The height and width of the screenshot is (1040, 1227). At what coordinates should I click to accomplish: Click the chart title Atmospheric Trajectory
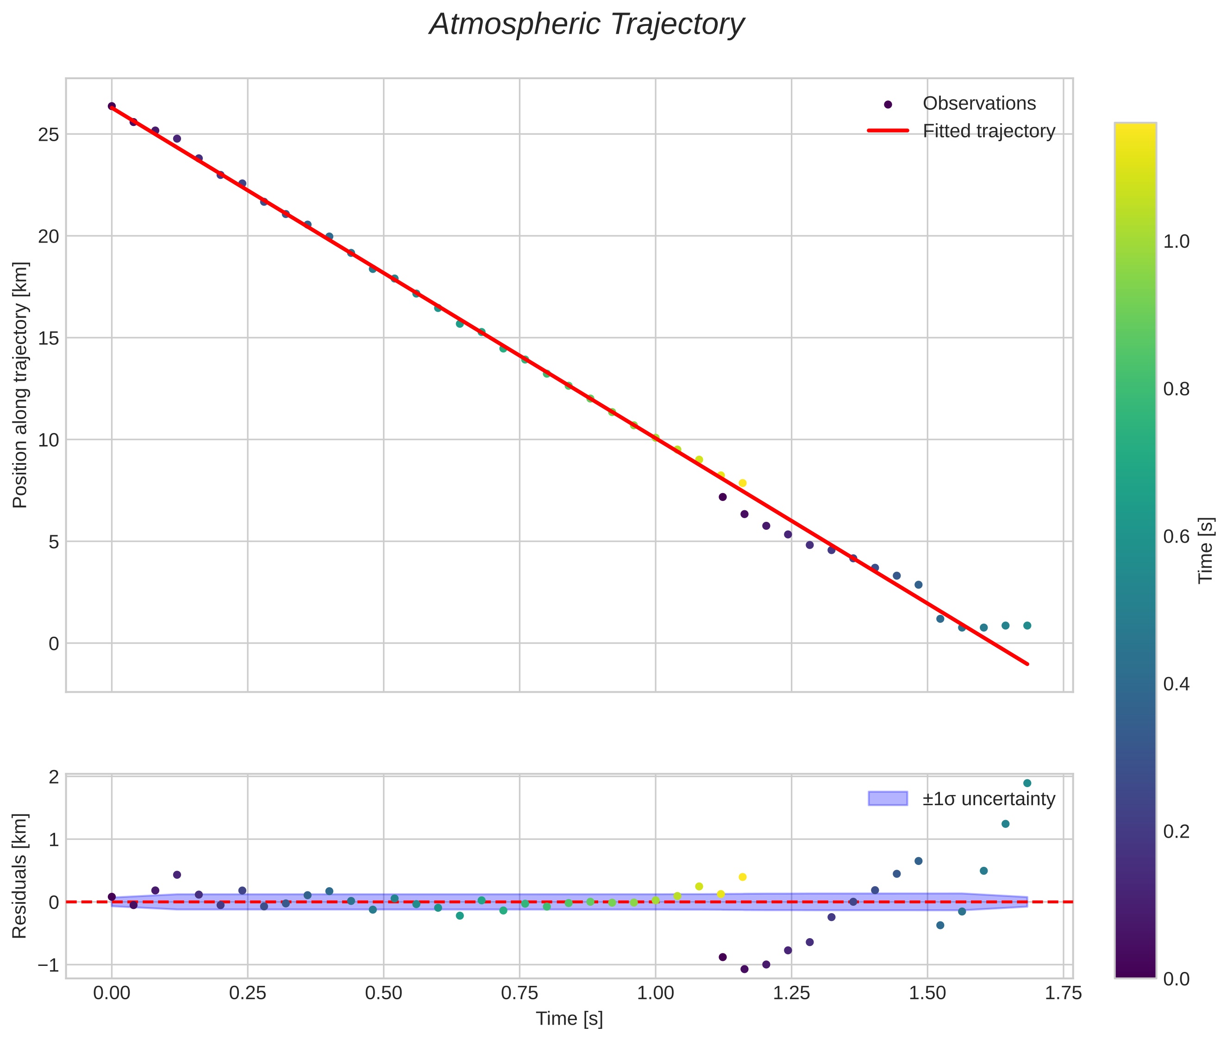(x=587, y=25)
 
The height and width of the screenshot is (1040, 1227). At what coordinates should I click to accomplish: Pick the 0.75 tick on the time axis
(x=519, y=993)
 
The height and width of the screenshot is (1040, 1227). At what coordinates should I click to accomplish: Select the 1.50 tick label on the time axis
(x=927, y=993)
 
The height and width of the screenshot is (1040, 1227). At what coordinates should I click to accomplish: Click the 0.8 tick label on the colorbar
(x=1176, y=389)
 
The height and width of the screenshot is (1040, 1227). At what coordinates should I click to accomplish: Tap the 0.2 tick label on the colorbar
(x=1176, y=831)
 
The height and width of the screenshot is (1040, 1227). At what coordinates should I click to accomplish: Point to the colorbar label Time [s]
(x=1206, y=551)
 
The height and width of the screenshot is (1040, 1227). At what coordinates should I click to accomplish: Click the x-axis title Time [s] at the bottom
(x=569, y=1019)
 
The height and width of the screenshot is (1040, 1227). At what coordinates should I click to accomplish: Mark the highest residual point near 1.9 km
(x=1027, y=783)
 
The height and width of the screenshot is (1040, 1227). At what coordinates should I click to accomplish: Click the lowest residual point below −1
(x=744, y=969)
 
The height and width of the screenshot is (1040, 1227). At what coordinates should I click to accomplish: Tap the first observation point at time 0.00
(x=112, y=106)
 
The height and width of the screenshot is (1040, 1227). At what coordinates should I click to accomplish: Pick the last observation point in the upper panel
(x=1027, y=626)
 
